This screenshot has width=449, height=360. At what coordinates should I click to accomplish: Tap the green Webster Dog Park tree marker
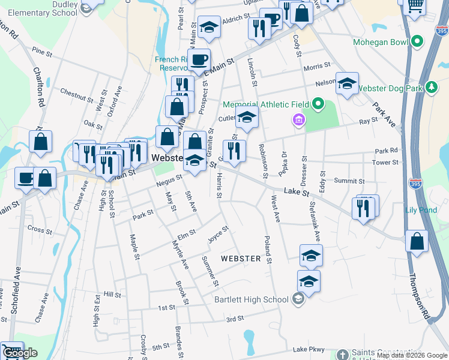click(x=431, y=88)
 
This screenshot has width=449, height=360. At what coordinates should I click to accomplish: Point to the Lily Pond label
click(x=421, y=210)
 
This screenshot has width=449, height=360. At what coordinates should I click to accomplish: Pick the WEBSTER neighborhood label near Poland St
click(x=241, y=259)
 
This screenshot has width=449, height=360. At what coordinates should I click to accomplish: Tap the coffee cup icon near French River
click(x=199, y=59)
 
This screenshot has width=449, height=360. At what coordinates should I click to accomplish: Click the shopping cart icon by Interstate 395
click(x=414, y=5)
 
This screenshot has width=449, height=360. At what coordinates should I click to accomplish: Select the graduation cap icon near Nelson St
click(x=346, y=84)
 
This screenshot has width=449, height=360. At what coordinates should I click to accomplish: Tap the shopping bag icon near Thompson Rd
click(x=417, y=242)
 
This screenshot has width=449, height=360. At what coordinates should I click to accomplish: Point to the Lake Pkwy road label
click(x=309, y=349)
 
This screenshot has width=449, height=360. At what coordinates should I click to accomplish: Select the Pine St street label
click(x=43, y=52)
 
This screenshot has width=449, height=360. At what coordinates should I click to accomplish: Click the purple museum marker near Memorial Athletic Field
click(x=298, y=121)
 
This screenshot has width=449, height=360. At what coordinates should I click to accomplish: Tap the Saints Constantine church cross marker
click(x=342, y=355)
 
